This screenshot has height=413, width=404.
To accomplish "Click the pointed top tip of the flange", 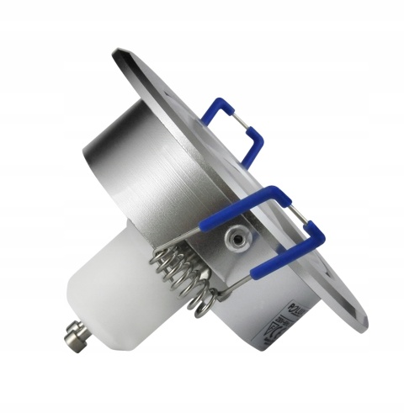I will [118, 53].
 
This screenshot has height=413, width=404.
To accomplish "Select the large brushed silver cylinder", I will [139, 168].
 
